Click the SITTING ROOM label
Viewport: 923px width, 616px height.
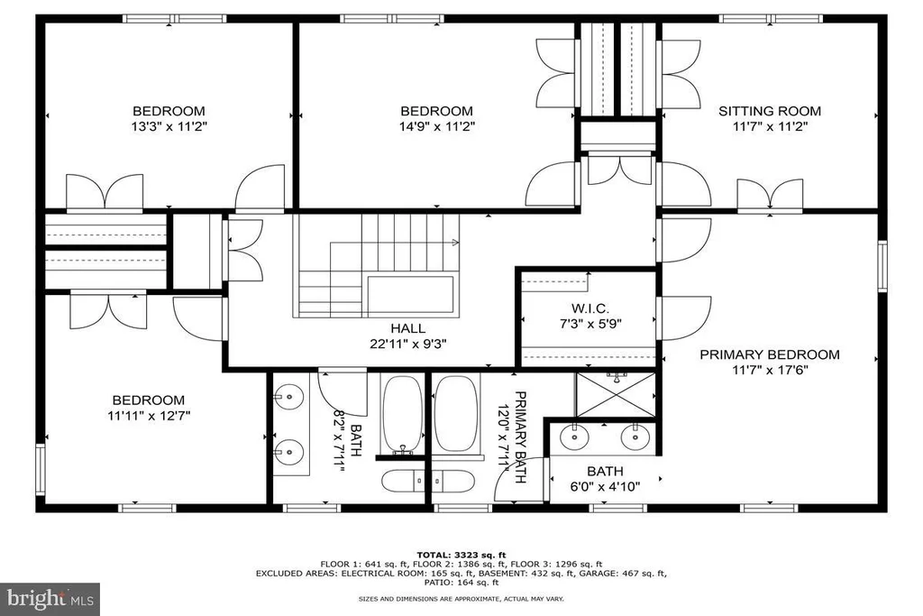(x=770, y=111)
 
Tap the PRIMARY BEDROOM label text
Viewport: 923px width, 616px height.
(x=770, y=354)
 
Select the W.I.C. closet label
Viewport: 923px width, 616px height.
(x=589, y=308)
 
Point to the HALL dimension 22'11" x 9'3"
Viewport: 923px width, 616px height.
(x=408, y=344)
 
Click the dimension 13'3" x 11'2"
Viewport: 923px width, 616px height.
(x=169, y=126)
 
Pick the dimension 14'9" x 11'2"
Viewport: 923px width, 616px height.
(x=436, y=126)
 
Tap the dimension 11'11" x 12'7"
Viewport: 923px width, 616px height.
(x=149, y=415)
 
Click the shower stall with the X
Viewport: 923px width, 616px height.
(x=615, y=394)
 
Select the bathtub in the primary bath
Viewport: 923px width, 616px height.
(x=456, y=414)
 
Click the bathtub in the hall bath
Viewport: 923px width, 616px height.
(x=402, y=414)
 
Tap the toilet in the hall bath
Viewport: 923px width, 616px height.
(x=404, y=481)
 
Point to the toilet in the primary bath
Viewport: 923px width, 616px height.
(x=453, y=481)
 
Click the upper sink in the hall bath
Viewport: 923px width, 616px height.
(x=289, y=396)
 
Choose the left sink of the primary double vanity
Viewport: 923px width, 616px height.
(x=574, y=437)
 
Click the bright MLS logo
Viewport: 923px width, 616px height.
(x=50, y=600)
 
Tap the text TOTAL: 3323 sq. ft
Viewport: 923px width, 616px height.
(x=461, y=555)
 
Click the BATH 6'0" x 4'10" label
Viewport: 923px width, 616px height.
(x=605, y=479)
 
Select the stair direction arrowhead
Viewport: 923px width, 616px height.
(x=455, y=242)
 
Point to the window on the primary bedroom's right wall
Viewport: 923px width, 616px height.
(x=882, y=265)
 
